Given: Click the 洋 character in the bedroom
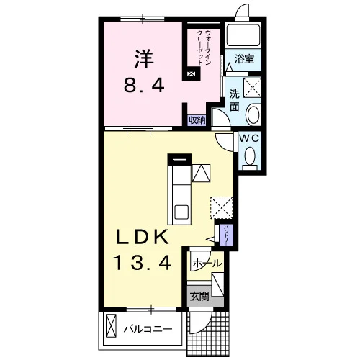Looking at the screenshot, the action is click(x=144, y=59).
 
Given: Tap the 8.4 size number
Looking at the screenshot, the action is click(x=144, y=86).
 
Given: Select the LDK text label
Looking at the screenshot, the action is click(x=142, y=237).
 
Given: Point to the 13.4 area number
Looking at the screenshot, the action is click(x=143, y=263).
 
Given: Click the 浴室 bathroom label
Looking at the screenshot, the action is click(x=244, y=59).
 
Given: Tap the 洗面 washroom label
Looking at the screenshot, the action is click(x=235, y=100).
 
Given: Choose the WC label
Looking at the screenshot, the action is click(x=250, y=138).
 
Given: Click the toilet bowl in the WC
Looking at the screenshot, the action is click(x=250, y=156).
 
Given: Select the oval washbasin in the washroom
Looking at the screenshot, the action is click(x=253, y=114).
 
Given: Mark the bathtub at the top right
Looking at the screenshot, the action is click(x=243, y=35).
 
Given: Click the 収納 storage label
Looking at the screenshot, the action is click(x=197, y=120).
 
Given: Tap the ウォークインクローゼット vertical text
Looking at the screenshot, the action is click(x=204, y=48).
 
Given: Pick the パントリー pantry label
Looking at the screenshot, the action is click(x=226, y=235).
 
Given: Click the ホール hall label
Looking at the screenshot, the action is click(x=207, y=264).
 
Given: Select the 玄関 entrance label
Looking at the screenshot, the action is click(x=199, y=297).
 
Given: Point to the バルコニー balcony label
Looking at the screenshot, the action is click(x=148, y=329).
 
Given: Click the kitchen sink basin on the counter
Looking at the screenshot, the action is click(x=181, y=212).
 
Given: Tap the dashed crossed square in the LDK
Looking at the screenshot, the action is click(x=222, y=207).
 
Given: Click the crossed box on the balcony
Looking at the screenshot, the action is click(x=111, y=326).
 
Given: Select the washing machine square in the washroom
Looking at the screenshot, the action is click(x=252, y=88).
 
